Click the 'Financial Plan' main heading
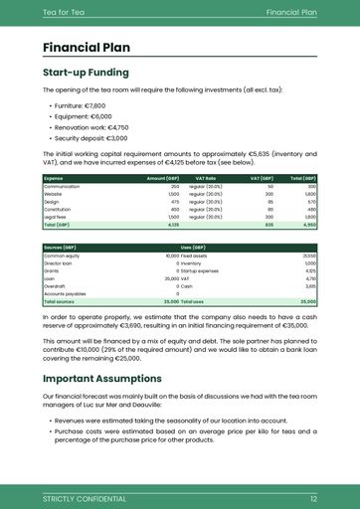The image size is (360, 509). click(86, 48)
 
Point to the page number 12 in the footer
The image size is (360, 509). click(313, 497)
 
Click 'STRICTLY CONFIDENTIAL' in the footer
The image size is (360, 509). click(85, 497)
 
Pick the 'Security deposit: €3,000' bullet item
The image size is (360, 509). click(91, 139)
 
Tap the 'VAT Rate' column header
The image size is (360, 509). click(204, 178)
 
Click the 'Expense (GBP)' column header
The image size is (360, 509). click(54, 178)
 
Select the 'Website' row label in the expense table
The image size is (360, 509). click(53, 194)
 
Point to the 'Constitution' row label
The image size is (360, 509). click(57, 210)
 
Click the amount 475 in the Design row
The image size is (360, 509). click(174, 202)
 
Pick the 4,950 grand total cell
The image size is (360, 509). click(308, 226)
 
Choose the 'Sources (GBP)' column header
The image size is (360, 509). click(61, 247)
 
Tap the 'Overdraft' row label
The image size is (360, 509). click(55, 286)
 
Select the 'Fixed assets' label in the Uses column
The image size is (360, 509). click(194, 255)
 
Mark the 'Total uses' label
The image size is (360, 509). click(192, 301)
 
